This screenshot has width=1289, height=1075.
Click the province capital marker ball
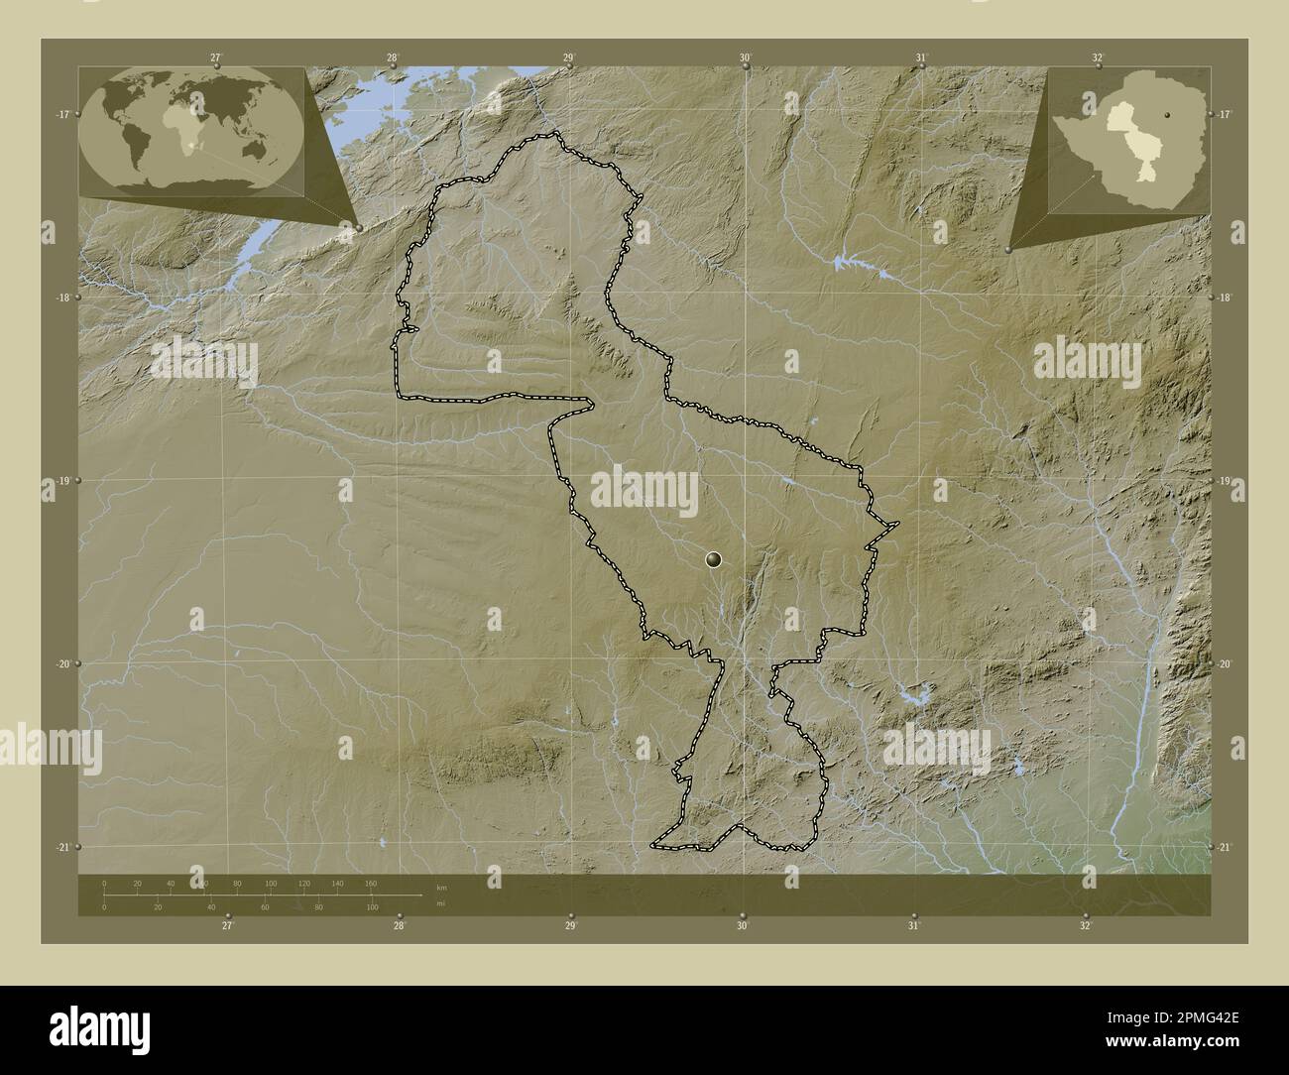714,560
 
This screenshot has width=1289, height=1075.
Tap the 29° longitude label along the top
568,59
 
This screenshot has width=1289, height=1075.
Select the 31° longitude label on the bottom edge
914,925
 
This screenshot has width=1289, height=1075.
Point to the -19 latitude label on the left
62,481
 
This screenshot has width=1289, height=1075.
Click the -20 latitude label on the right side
1227,664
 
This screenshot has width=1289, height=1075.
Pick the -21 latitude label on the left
62,847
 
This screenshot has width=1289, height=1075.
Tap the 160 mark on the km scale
371,883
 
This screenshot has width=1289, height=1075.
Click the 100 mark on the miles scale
372,907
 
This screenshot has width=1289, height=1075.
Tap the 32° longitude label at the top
1097,59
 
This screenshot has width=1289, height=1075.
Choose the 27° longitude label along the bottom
228,925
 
